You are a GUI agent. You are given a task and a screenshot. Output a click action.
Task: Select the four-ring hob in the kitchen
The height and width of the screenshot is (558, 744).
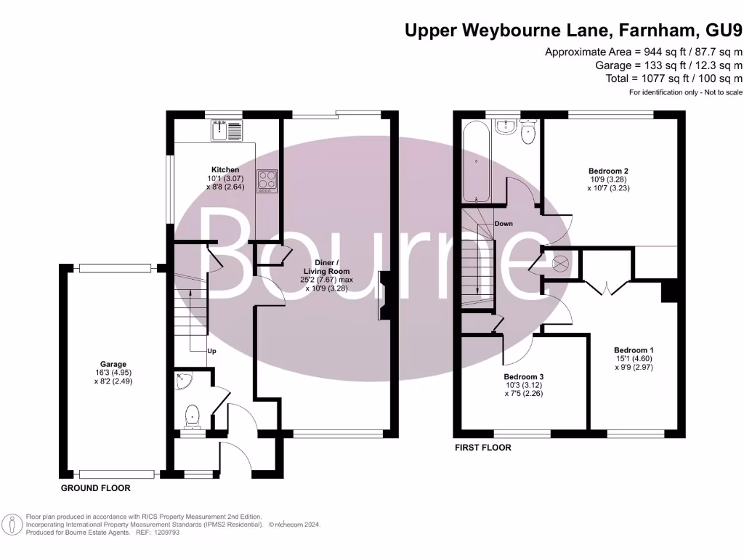pos(267,179)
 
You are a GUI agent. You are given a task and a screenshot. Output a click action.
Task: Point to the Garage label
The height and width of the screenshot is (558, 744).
pos(113,365)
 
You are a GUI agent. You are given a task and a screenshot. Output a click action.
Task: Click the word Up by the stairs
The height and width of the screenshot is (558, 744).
pos(212,352)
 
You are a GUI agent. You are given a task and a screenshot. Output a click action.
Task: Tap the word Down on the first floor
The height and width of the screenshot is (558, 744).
pos(504,224)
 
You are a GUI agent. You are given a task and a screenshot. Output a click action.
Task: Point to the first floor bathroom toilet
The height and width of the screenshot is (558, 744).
pos(527,132)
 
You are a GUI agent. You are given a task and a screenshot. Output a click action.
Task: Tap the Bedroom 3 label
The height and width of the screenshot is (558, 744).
pos(524,377)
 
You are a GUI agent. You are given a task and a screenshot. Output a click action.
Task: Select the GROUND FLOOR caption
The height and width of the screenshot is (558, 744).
pos(95,488)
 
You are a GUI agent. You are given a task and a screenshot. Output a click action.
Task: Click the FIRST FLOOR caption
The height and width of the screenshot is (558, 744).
pos(483,448)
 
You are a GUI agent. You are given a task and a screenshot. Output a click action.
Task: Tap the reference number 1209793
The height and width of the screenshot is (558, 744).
pos(164,533)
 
